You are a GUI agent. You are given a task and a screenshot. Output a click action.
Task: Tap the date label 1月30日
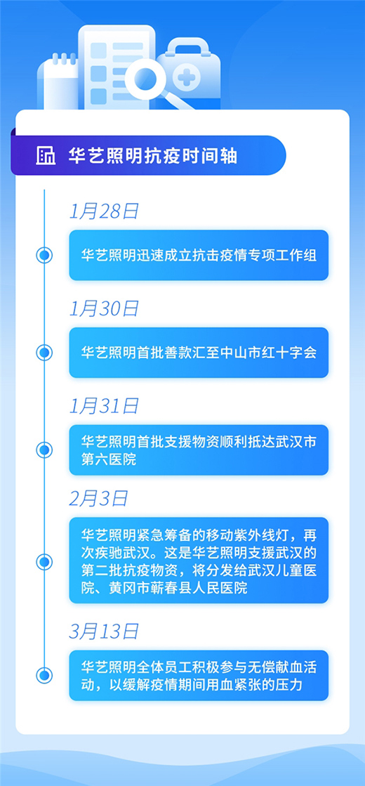pos(104,309)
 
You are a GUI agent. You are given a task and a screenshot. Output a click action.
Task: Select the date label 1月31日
pos(104,407)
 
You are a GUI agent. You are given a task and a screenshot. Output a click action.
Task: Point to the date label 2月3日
pos(99,499)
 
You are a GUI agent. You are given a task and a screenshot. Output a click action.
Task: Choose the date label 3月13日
pos(104,631)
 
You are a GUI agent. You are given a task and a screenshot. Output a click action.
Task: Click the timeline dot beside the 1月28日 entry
pos(44,256)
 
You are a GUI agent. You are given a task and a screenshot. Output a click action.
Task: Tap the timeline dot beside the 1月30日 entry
pos(44,353)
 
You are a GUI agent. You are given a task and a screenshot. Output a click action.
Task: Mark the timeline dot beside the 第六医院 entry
pos(44,450)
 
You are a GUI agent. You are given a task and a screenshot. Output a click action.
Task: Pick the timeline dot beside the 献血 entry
pos(44,675)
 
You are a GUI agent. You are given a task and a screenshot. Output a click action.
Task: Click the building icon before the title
pos(46,156)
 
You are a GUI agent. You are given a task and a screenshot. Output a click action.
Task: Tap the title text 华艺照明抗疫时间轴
pos(153,156)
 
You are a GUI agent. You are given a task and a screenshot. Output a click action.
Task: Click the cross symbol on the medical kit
pos(186,77)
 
